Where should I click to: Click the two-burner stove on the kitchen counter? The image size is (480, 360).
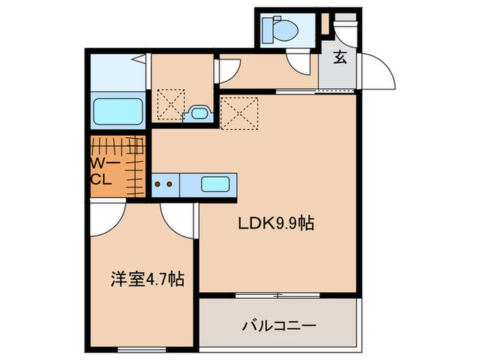click(164, 184)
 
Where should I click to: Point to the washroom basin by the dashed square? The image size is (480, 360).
click(199, 113)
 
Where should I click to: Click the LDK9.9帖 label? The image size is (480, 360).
click(275, 224)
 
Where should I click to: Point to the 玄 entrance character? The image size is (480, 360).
click(339, 58)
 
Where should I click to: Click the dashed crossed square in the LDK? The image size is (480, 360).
click(239, 113)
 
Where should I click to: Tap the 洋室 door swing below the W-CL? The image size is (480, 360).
click(103, 217)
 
